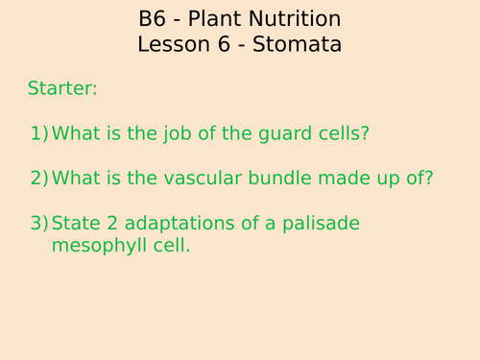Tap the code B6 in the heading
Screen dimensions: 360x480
click(x=154, y=19)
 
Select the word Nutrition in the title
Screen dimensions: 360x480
click(x=294, y=19)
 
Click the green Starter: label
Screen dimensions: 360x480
click(x=62, y=89)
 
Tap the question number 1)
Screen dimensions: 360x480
click(x=38, y=133)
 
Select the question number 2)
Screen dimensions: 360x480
click(x=38, y=178)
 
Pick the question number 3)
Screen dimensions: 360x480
click(x=38, y=223)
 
